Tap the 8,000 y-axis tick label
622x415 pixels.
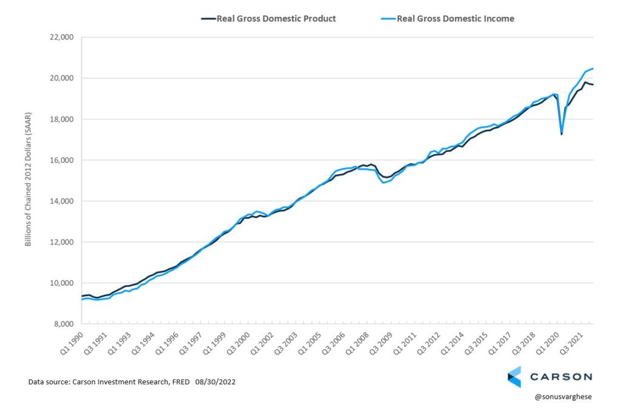click(x=61, y=324)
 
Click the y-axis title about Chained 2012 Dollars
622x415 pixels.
click(x=28, y=180)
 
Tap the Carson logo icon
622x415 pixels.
click(x=514, y=376)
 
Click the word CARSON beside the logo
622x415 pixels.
click(x=560, y=377)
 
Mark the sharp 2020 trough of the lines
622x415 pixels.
click(x=561, y=133)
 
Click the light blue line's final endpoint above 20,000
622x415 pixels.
click(x=593, y=68)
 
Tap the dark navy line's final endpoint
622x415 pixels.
click(x=593, y=84)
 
